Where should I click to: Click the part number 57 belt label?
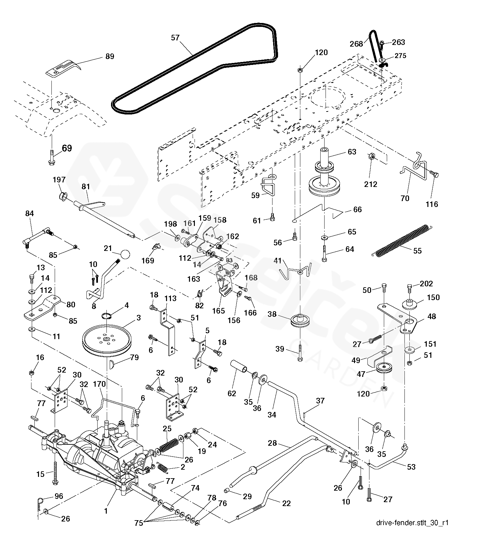click(175, 38)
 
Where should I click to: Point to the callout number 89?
click(110, 56)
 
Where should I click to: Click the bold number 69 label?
click(66, 148)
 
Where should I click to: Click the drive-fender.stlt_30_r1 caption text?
click(412, 522)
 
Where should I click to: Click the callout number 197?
click(59, 180)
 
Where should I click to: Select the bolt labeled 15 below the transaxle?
click(54, 473)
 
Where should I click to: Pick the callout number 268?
click(356, 44)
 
